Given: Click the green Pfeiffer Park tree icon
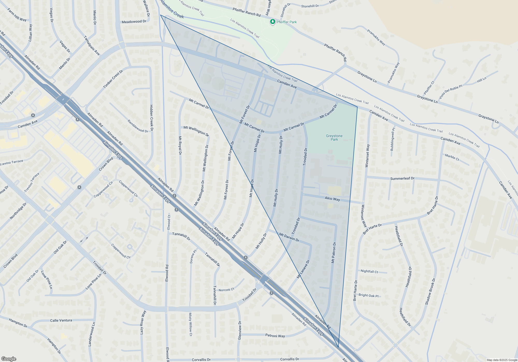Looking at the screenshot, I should (x=272, y=22).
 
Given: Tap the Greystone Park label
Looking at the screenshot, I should (x=334, y=138).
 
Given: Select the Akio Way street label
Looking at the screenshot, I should (x=332, y=199).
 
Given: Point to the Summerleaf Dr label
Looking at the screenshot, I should (x=402, y=178).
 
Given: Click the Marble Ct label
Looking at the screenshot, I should (x=452, y=157).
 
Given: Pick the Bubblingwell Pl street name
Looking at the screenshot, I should (x=393, y=139).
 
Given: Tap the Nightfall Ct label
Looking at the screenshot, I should (x=369, y=271).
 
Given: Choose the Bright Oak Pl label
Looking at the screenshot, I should (x=369, y=295).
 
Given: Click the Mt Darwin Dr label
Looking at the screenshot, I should (x=289, y=237).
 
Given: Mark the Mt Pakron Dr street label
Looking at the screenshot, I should (x=334, y=253).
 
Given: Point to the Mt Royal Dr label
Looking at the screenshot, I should (x=180, y=146).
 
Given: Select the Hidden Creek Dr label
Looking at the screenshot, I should (x=152, y=118).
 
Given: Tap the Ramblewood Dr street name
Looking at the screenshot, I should (x=138, y=126).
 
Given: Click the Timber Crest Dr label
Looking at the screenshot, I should (x=113, y=79).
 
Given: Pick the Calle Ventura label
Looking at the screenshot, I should (x=61, y=320).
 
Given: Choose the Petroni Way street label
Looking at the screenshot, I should (x=275, y=336).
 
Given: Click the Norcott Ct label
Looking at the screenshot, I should (x=226, y=290).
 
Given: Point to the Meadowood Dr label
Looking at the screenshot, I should (x=134, y=22).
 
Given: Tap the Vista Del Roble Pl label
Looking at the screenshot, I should (x=450, y=92).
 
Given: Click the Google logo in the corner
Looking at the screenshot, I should (x=9, y=359).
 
